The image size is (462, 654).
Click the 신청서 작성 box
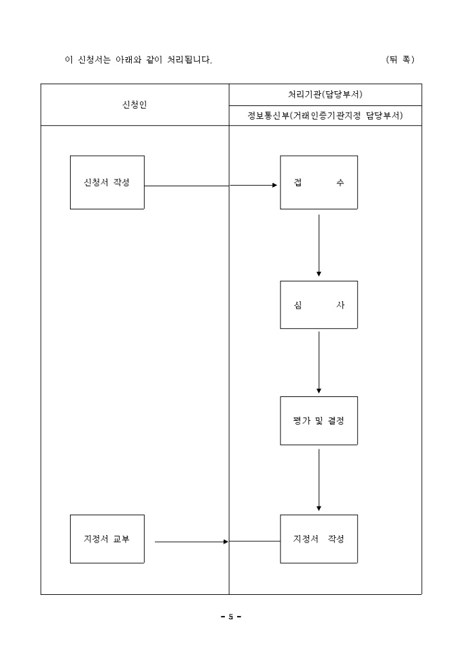pos(107,182)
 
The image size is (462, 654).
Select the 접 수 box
pos(319,182)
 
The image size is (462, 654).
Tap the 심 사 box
pos(319,305)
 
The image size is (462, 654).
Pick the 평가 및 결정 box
pos(319,421)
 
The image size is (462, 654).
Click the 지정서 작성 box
pos(319,539)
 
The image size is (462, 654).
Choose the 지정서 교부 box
pos(107,539)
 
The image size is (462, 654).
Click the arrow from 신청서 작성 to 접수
pos(211,186)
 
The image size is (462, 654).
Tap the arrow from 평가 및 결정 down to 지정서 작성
pos(319,479)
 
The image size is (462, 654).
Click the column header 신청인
pos(134,105)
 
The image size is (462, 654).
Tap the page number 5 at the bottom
pos(230,617)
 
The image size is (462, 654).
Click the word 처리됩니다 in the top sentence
pos(190,60)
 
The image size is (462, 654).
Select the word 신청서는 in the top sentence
pos(94,60)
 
